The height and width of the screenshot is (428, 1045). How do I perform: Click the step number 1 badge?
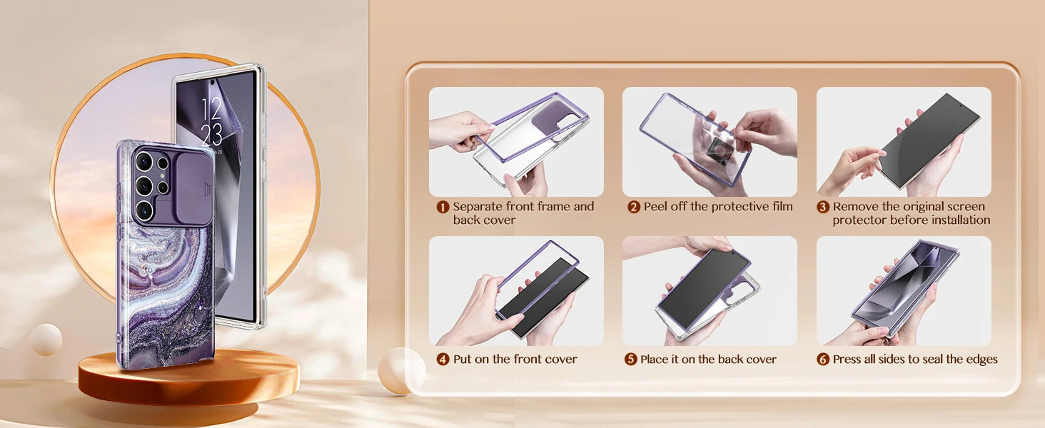(x=443, y=207)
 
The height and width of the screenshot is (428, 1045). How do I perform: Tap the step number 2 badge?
(x=634, y=207)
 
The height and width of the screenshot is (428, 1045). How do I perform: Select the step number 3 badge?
(x=823, y=207)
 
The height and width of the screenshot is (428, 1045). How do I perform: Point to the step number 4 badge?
(x=443, y=359)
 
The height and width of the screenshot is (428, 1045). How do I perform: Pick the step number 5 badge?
(x=631, y=359)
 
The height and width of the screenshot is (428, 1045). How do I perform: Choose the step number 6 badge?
(x=823, y=359)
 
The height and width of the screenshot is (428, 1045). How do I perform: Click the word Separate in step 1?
(x=478, y=207)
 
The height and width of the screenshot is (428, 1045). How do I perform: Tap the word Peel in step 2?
(x=655, y=207)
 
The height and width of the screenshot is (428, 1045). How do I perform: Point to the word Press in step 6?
(x=847, y=359)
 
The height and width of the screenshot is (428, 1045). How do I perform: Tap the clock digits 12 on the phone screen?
(x=211, y=109)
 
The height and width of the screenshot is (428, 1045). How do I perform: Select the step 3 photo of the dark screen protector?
(x=904, y=142)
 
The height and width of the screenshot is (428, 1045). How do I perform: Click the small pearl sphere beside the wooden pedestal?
(x=46, y=340)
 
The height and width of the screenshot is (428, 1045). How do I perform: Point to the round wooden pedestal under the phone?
(x=188, y=377)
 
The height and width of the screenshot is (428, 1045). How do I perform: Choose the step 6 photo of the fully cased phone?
(x=904, y=291)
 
